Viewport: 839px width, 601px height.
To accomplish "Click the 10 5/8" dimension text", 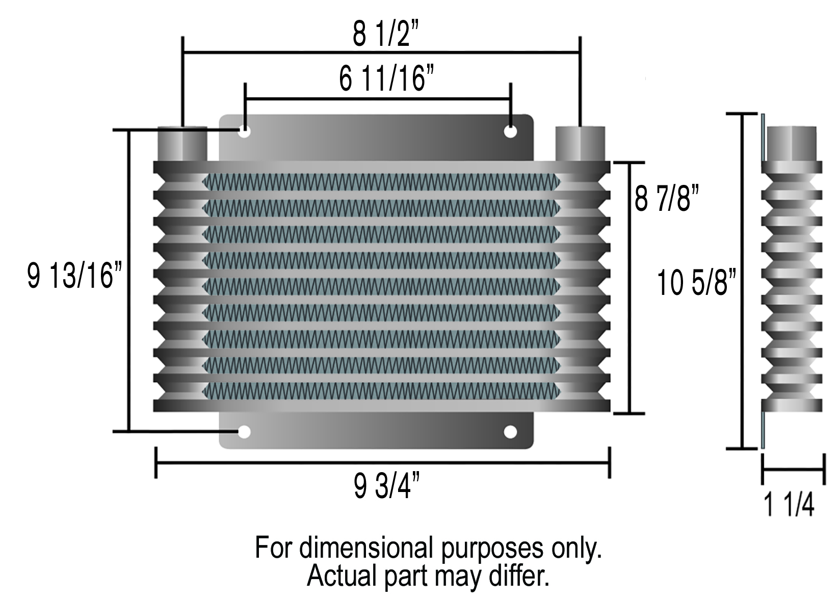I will pyautogui.click(x=698, y=283).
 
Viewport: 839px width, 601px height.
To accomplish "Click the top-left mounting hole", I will pyautogui.click(x=245, y=131).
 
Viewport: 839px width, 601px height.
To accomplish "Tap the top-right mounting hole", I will pyautogui.click(x=510, y=131).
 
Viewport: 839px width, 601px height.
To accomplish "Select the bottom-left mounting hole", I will pyautogui.click(x=245, y=432).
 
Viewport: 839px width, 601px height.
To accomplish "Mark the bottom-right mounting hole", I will pyautogui.click(x=510, y=432).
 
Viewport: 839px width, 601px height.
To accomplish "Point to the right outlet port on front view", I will pyautogui.click(x=580, y=144).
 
